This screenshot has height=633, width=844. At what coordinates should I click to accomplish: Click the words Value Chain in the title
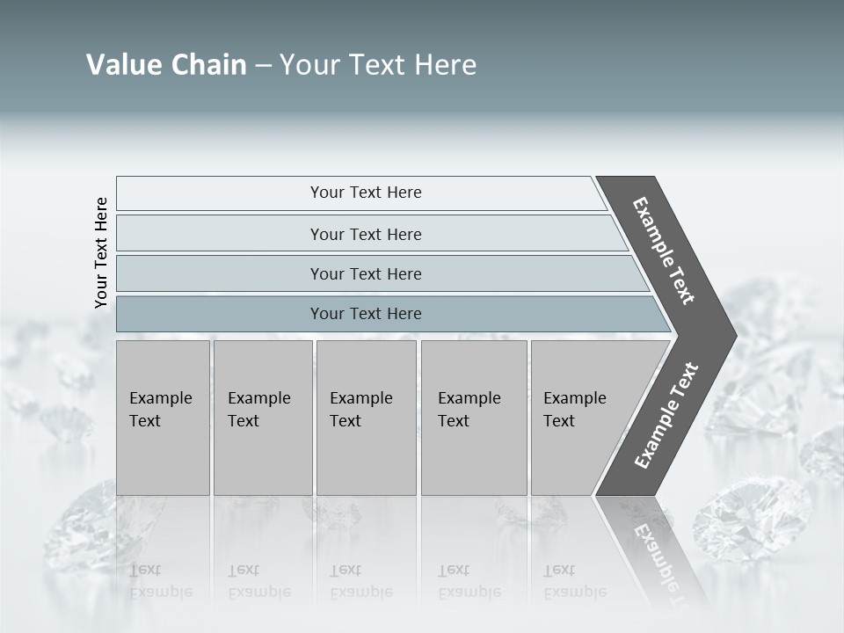point(166,65)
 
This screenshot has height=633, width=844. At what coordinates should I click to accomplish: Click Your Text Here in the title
point(378,65)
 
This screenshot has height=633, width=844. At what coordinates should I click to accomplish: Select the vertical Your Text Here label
point(101,252)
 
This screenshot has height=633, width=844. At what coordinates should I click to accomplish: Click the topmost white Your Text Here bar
point(365,193)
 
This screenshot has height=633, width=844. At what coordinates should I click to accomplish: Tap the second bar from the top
point(365,234)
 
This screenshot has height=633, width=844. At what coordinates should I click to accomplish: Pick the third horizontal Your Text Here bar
point(365,273)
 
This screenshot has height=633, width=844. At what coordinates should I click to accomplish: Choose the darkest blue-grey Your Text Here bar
point(365,314)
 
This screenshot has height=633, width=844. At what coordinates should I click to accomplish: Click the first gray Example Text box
point(163,418)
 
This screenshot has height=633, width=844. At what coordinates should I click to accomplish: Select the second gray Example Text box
point(263,418)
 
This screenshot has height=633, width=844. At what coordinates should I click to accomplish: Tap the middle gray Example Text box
point(366,418)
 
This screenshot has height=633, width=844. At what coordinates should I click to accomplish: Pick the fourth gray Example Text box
point(474,418)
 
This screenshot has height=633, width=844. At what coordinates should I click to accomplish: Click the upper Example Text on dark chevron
point(664,251)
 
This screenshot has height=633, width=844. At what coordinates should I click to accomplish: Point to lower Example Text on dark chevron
point(666,416)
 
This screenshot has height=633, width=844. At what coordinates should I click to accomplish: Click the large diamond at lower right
point(752,519)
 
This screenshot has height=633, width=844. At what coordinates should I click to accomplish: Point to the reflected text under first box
point(160,581)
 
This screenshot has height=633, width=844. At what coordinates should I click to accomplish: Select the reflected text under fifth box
point(574,581)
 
